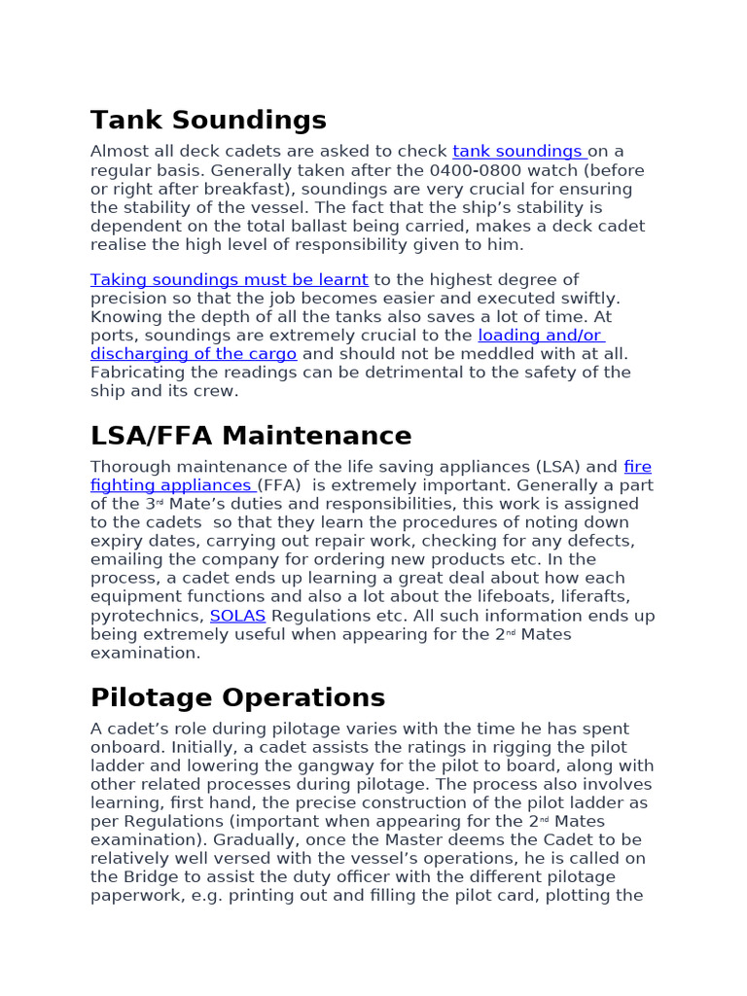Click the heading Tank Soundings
coord(208,121)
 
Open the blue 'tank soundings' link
coord(517,152)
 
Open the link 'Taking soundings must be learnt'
coord(230,280)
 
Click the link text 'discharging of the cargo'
coord(194,354)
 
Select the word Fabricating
coord(137,373)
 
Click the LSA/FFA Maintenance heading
coord(251,436)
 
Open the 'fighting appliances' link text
coord(172,485)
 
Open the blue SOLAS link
coord(237,616)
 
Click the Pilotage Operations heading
coord(237,698)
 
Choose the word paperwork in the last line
coord(133,896)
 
